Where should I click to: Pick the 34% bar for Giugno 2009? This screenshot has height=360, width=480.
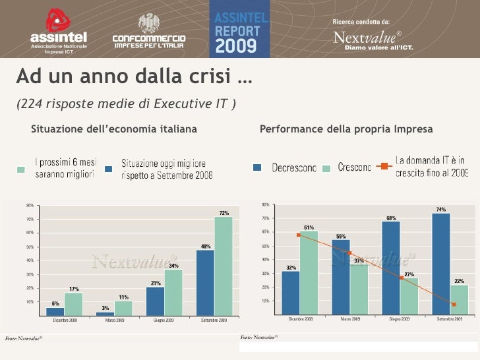pyautogui.click(x=173, y=291)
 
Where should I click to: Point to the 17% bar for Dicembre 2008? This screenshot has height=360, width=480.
pyautogui.click(x=74, y=303)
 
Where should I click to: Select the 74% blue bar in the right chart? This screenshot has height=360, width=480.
pyautogui.click(x=441, y=262)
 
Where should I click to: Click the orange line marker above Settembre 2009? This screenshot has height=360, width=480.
pyautogui.click(x=454, y=304)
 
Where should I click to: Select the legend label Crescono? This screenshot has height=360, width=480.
pyautogui.click(x=355, y=168)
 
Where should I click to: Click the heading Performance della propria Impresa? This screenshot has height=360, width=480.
pyautogui.click(x=346, y=129)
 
